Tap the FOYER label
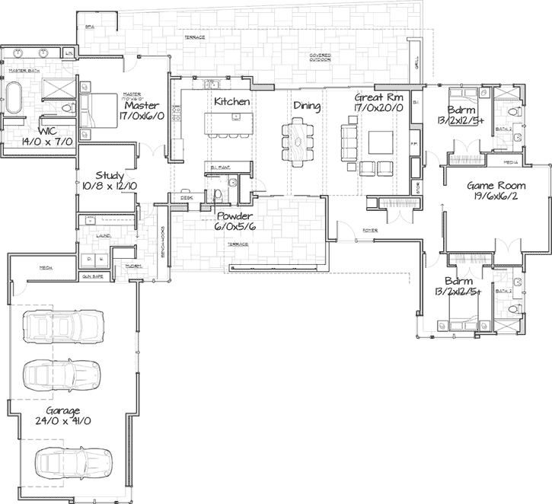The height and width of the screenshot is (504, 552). click(370, 228)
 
